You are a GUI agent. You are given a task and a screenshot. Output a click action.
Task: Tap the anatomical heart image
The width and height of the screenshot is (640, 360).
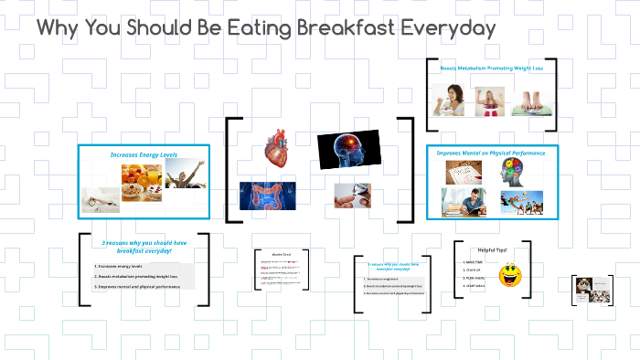(x=273, y=151)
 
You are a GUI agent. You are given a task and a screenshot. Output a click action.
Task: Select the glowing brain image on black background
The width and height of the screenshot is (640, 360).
(x=347, y=150)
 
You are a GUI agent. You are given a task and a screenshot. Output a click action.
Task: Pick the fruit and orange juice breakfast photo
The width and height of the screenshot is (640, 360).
(x=142, y=181)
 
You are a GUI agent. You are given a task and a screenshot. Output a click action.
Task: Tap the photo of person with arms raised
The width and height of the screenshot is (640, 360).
(x=186, y=175)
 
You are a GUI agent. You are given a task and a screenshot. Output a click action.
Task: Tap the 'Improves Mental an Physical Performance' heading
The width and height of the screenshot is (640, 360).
(x=491, y=153)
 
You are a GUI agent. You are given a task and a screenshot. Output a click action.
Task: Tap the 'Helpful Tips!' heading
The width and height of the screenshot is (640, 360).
(x=493, y=249)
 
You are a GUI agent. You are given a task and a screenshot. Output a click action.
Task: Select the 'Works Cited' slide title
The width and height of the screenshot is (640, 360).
(x=282, y=254)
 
